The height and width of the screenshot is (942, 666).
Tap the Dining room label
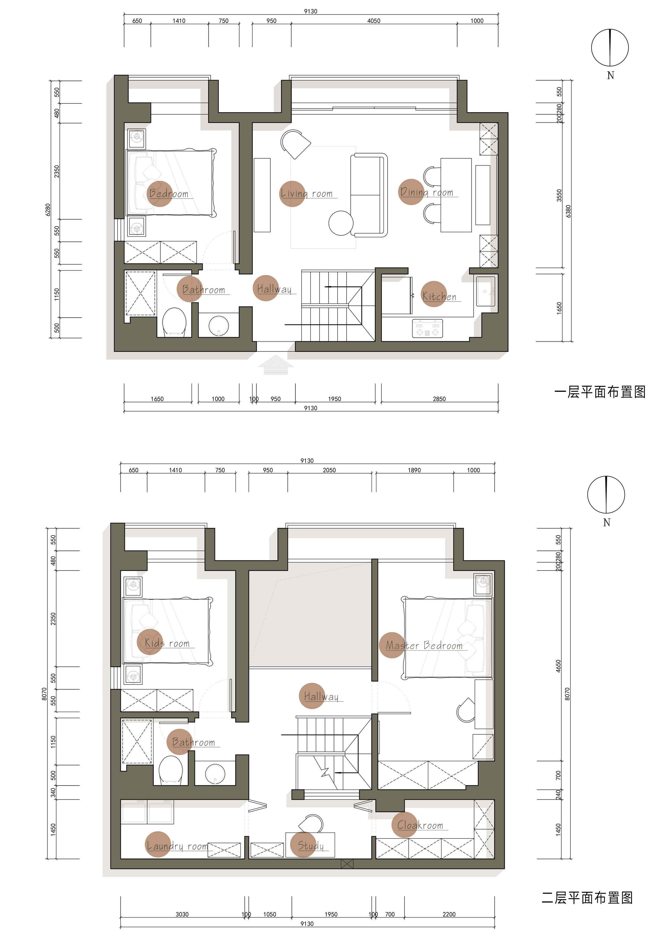point(427,192)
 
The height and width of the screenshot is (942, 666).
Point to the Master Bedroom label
point(424,645)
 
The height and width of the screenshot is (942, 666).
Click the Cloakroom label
point(420,825)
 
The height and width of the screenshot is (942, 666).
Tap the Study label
point(311,846)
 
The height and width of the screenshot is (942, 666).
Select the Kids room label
point(167,643)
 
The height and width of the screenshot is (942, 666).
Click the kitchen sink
point(486,291)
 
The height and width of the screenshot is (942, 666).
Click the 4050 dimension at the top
point(374,20)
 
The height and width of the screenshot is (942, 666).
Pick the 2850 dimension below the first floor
point(439,399)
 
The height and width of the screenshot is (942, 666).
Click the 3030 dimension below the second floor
point(182,914)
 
